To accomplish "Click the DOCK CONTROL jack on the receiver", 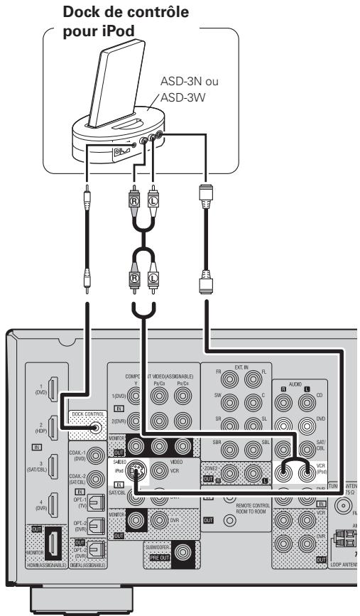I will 95,428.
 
